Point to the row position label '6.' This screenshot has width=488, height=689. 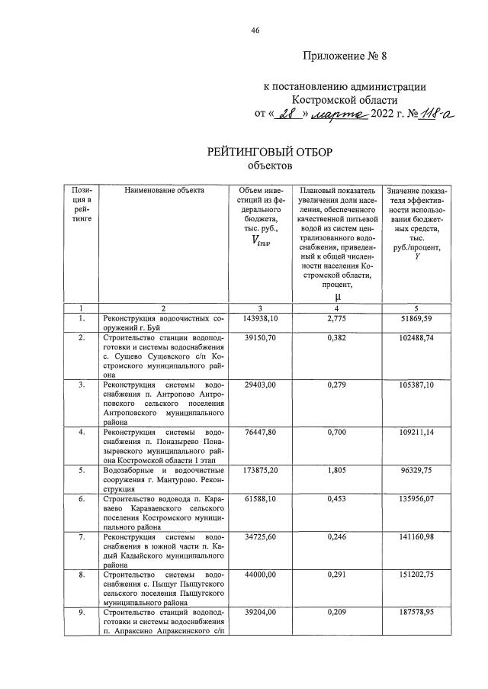click(x=82, y=498)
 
